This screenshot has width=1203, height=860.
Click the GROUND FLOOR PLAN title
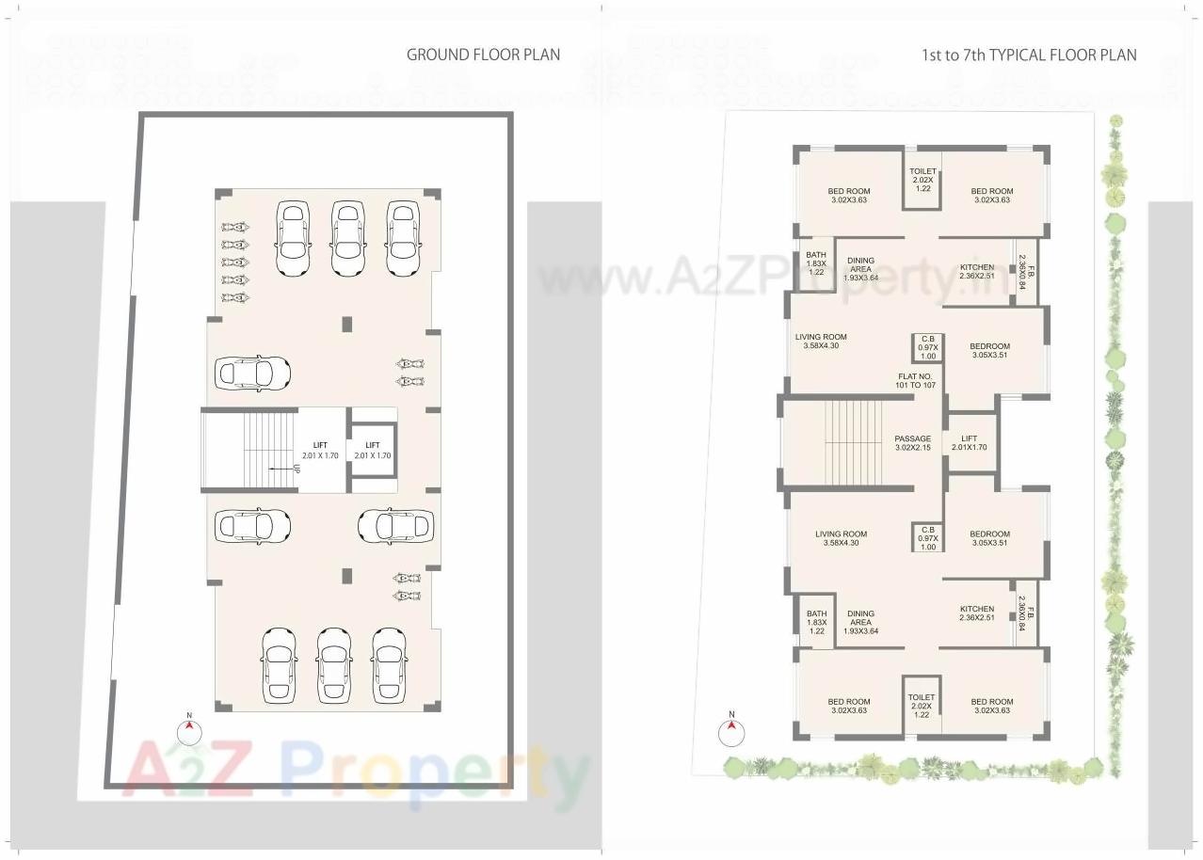(x=483, y=55)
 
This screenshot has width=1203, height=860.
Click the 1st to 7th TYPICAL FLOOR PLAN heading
(x=1029, y=55)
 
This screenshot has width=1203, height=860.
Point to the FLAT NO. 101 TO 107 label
(x=916, y=381)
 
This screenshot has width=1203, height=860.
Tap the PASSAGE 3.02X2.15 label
(x=913, y=443)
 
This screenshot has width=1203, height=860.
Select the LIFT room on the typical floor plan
(x=970, y=443)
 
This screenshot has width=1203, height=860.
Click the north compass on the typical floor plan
(x=730, y=731)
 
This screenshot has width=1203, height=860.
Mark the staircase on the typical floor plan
(x=853, y=442)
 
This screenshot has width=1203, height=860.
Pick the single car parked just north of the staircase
(x=253, y=373)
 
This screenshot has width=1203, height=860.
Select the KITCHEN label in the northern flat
(x=976, y=272)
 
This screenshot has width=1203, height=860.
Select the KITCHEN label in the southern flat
(x=976, y=613)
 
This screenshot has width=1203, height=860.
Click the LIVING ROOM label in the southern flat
(x=841, y=538)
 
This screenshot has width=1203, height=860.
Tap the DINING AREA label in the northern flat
(x=860, y=269)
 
